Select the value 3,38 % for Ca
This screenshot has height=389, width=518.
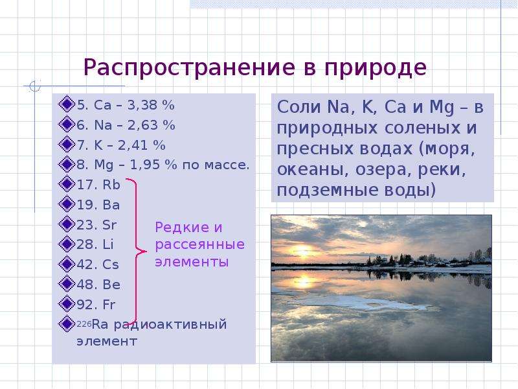pos(151,105)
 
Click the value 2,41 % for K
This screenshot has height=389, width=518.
pos(141,145)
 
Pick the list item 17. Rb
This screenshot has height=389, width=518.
pos(98,185)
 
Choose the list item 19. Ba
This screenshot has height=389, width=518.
pos(98,204)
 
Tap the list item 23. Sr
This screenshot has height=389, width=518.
pos(96,224)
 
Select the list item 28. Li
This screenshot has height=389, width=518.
pos(95,244)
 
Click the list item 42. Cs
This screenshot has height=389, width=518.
pos(98,265)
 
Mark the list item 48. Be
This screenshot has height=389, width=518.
pos(98,285)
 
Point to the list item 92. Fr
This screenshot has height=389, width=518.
pos(96,304)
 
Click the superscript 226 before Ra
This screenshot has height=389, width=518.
pos(84,322)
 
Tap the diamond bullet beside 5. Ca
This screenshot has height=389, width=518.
pos(67,104)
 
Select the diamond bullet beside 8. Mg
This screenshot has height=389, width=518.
pos(67,164)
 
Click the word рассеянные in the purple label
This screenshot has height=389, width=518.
pos(200,244)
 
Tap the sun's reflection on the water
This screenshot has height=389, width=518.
pos(304,281)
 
